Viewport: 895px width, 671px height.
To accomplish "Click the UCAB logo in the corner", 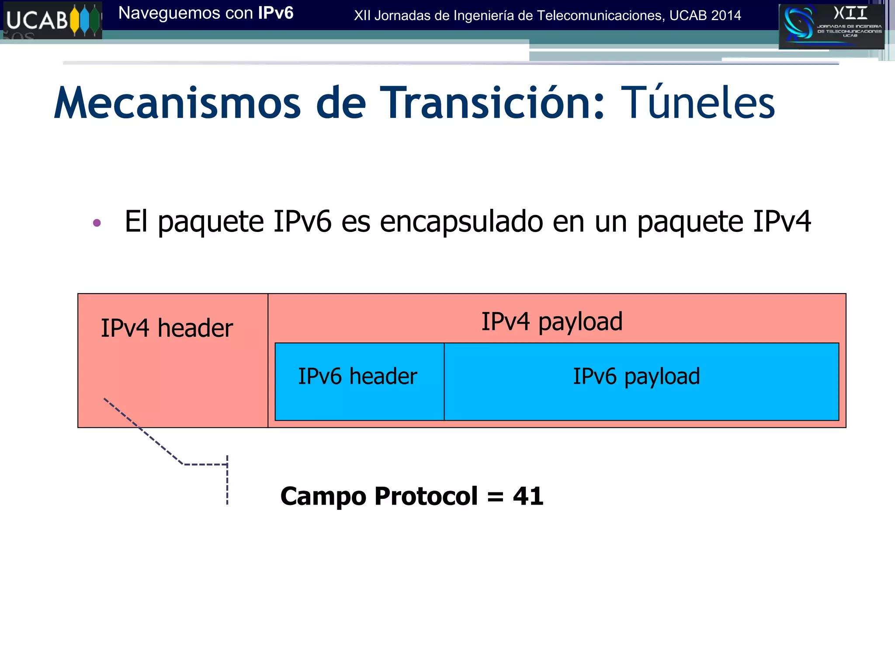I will click(x=52, y=20).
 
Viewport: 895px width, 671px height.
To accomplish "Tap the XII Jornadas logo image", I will click(x=831, y=26).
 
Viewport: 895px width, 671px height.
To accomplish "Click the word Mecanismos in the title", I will click(x=177, y=103).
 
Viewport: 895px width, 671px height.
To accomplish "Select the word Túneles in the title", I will click(x=697, y=103).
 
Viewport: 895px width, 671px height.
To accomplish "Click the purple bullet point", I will click(x=97, y=223).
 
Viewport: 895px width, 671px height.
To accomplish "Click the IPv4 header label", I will click(x=167, y=328).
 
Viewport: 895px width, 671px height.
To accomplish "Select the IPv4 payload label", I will click(x=552, y=322).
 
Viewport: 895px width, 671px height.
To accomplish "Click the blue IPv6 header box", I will click(x=359, y=382).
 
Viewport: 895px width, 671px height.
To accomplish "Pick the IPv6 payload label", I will click(x=636, y=377).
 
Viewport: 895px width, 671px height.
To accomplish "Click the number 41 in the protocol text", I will click(x=528, y=496).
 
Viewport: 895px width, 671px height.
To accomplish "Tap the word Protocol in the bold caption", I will click(x=426, y=496).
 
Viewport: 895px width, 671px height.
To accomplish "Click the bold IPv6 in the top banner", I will click(x=275, y=13).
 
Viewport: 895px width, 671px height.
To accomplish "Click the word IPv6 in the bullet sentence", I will click(x=302, y=221).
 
